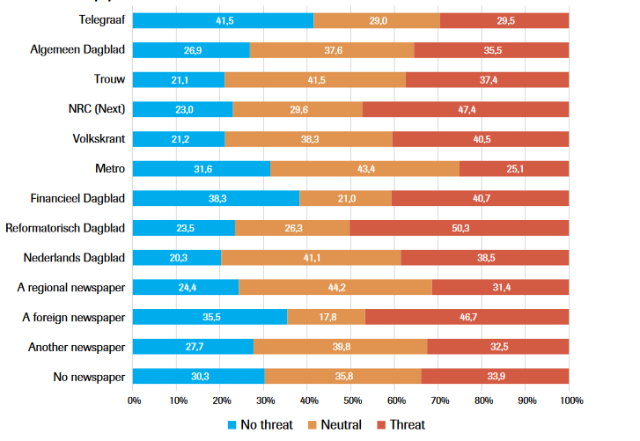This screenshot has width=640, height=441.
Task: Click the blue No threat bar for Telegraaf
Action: click(x=223, y=20)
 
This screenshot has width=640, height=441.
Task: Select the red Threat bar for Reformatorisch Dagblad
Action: click(x=460, y=228)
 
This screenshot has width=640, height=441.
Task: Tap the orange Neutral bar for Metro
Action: click(x=364, y=168)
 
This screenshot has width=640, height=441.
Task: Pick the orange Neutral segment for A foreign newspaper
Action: click(x=326, y=317)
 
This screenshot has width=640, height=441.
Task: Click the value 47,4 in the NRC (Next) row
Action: click(x=467, y=109)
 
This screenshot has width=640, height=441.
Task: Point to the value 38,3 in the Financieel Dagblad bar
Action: click(x=217, y=199)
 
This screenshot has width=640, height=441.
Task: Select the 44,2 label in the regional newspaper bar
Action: click(x=337, y=288)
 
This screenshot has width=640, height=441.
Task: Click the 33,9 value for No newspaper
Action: click(x=496, y=376)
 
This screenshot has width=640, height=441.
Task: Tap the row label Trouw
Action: click(x=109, y=78)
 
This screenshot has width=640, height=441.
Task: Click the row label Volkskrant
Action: click(x=99, y=139)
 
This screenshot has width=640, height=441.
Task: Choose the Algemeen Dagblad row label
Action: click(x=77, y=50)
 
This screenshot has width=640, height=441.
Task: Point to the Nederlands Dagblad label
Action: click(x=74, y=258)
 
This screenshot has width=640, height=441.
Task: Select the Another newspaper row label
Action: click(x=77, y=347)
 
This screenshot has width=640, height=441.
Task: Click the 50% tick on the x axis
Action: click(x=353, y=401)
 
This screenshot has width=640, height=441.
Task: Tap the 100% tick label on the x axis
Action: click(x=571, y=401)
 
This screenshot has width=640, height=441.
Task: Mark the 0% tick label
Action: click(x=135, y=401)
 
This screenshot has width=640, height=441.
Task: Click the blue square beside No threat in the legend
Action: click(x=232, y=425)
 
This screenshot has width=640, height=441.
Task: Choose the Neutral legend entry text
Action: click(x=342, y=424)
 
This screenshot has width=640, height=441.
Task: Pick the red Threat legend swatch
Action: click(x=381, y=425)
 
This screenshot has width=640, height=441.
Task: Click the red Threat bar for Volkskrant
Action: click(x=481, y=139)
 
